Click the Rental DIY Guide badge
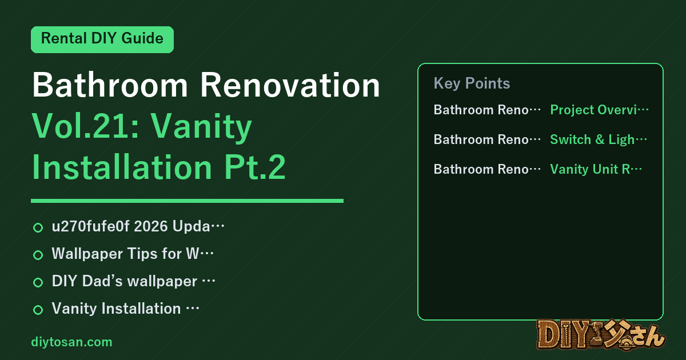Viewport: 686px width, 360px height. coord(102,39)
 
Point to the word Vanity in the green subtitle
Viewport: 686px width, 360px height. coord(201,128)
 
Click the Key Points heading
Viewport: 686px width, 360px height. coord(472,83)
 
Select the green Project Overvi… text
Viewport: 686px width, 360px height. coord(599,110)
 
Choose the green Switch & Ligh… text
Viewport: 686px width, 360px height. coord(599,139)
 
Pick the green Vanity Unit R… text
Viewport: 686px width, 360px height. coord(596,169)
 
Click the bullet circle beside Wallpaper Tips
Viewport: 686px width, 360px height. coord(38,255)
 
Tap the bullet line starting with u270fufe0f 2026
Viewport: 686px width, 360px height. coord(138,226)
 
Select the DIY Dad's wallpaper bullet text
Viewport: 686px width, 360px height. coord(134,281)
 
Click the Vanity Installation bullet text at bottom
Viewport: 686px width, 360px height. coord(126,308)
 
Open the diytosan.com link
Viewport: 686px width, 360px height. coord(71,342)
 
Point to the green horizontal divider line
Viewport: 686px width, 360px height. coord(187,201)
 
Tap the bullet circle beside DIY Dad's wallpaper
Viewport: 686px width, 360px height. coord(38,282)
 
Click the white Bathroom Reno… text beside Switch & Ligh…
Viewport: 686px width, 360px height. coord(487,139)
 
